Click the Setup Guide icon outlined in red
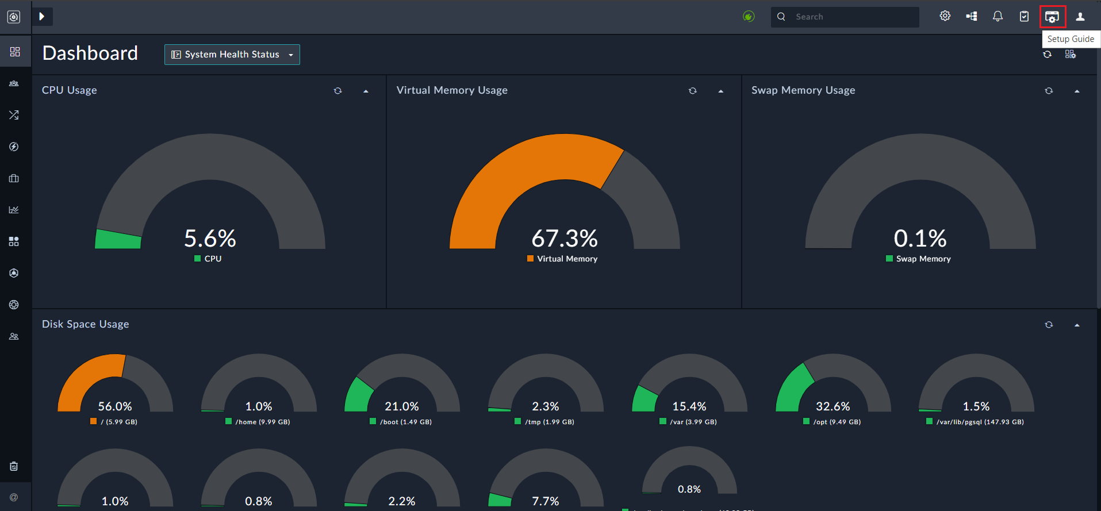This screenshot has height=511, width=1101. click(x=1052, y=17)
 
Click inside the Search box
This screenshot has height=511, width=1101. click(x=851, y=17)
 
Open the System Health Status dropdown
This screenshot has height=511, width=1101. click(x=232, y=55)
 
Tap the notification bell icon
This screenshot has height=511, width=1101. click(x=998, y=17)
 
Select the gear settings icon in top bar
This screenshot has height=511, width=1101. click(x=945, y=16)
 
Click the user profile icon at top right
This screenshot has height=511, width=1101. click(x=1080, y=17)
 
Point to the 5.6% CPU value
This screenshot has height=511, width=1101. click(x=210, y=239)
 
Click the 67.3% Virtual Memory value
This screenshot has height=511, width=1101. click(x=565, y=239)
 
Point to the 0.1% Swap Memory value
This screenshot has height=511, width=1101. click(x=920, y=239)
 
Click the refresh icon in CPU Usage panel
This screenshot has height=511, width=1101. click(x=338, y=91)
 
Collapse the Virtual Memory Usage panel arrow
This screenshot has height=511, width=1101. click(x=720, y=91)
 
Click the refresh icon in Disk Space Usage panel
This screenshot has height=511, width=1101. click(x=1049, y=325)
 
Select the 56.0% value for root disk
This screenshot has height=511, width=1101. click(x=115, y=406)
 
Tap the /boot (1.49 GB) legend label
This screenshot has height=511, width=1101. click(x=405, y=422)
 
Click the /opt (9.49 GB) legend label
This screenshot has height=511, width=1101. click(x=837, y=422)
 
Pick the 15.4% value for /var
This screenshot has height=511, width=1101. click(x=689, y=406)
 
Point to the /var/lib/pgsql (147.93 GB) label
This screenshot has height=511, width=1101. click(x=980, y=422)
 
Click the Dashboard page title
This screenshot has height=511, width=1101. click(x=90, y=53)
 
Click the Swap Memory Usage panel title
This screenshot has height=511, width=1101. click(x=803, y=90)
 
